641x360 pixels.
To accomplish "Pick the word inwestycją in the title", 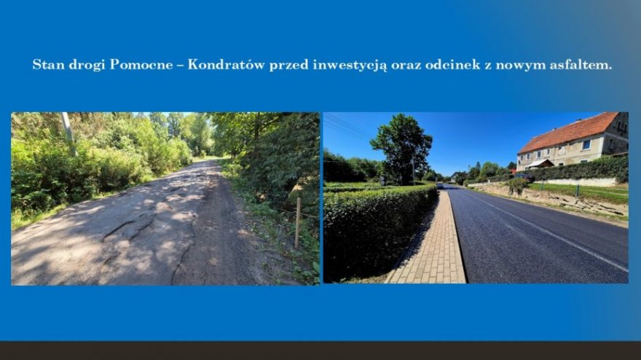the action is tap(350, 66).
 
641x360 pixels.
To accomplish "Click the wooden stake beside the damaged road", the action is tap(298, 223).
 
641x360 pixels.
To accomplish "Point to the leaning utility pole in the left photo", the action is tap(68, 134).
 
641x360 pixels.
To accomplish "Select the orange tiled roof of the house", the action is tap(568, 133).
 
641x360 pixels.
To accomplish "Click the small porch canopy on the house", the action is tap(539, 164).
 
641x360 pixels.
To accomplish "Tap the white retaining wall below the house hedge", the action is tap(581, 182).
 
